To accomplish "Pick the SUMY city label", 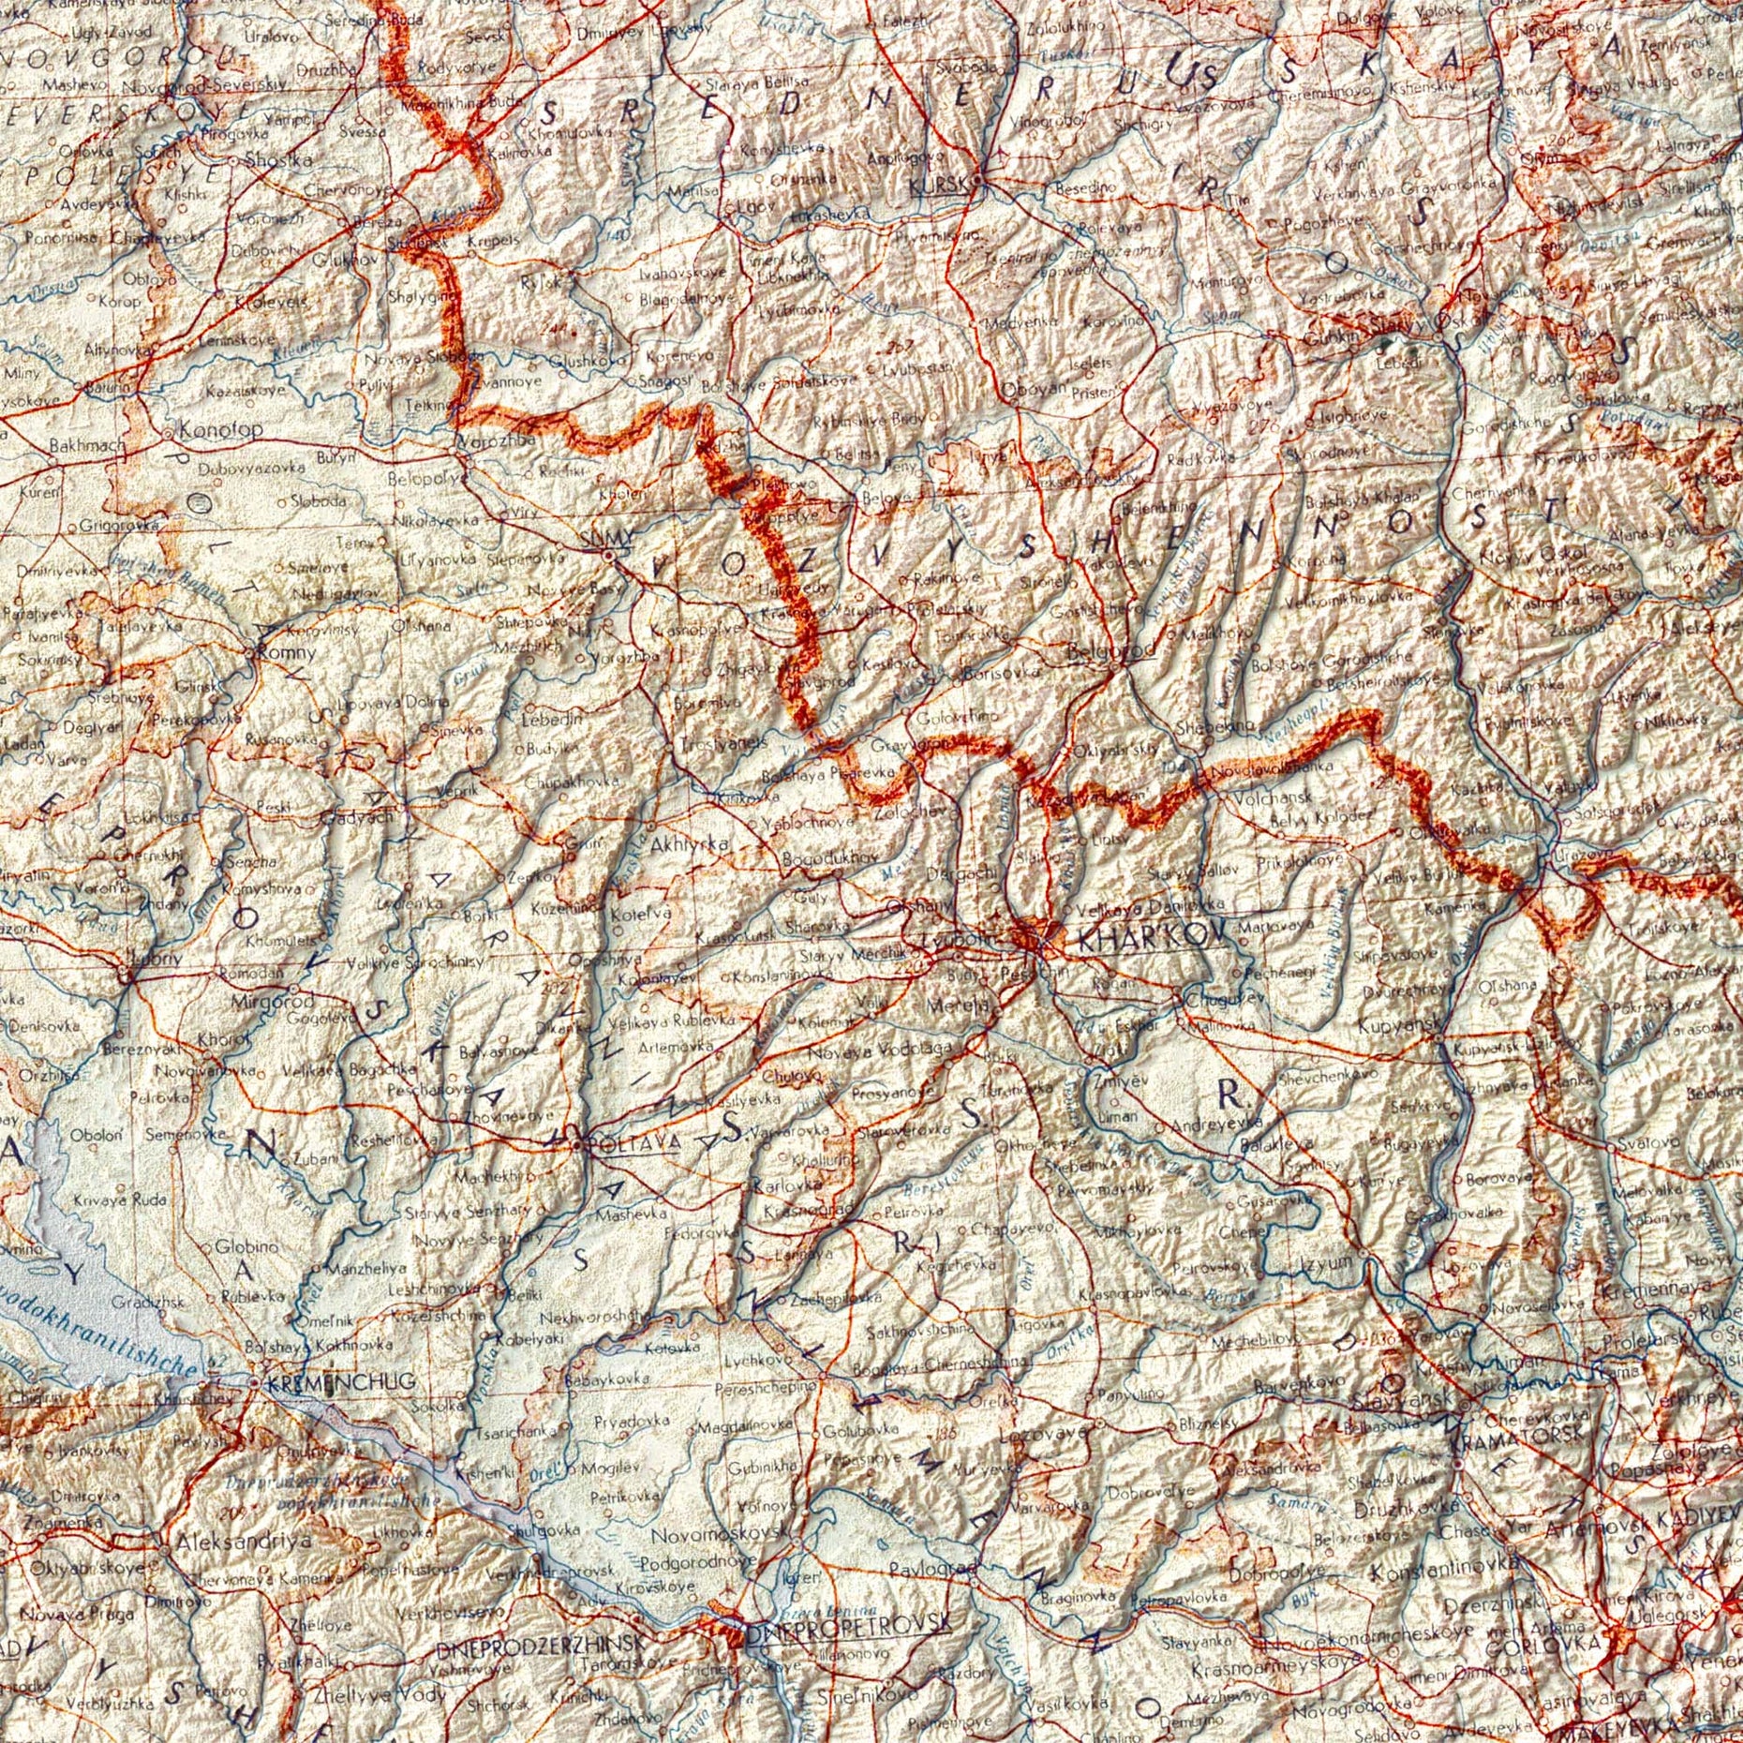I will click(597, 539).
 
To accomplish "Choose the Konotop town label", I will click(221, 430).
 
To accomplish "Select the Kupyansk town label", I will click(1396, 1028).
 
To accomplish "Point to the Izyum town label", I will click(1327, 1261).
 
